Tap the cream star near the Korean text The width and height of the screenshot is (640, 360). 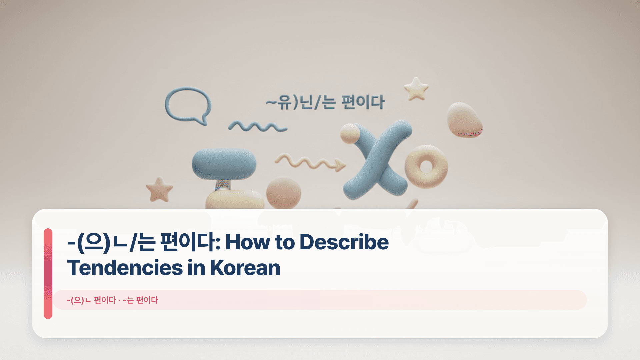click(x=416, y=89)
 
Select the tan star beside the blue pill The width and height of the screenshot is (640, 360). click(x=159, y=190)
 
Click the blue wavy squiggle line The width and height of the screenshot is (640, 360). click(x=257, y=127)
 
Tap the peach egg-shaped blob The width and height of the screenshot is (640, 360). click(x=464, y=120)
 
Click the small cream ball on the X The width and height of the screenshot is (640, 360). click(x=350, y=133)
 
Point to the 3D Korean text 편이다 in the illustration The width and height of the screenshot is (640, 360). click(x=363, y=102)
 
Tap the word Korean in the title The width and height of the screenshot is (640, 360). click(x=245, y=268)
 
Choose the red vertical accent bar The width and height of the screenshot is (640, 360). click(x=48, y=273)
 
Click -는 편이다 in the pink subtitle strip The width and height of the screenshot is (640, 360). click(x=140, y=300)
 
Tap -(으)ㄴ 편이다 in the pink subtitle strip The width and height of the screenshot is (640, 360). click(x=91, y=300)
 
